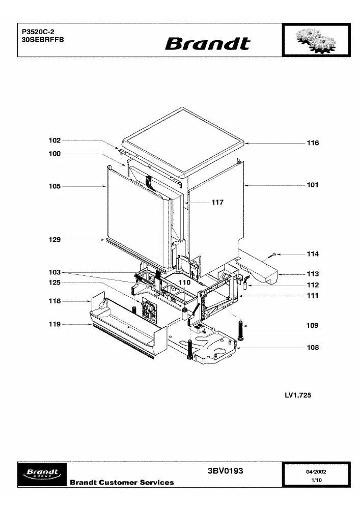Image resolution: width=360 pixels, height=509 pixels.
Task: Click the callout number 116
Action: (313, 143)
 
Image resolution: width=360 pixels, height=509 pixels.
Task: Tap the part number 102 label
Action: (54, 140)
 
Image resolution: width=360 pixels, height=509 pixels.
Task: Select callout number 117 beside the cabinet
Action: (217, 202)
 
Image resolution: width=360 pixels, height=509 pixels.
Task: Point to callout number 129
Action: (54, 240)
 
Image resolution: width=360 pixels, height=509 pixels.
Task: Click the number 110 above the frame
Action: (184, 282)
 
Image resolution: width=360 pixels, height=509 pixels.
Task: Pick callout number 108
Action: (313, 348)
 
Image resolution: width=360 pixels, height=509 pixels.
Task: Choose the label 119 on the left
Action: (54, 324)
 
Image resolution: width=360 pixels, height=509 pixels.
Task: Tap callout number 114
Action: (313, 254)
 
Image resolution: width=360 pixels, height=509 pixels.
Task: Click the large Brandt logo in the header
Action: (208, 43)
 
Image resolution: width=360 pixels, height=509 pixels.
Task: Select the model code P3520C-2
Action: (38, 32)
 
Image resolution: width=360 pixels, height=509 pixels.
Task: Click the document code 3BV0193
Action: (225, 471)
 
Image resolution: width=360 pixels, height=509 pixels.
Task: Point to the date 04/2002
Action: (316, 472)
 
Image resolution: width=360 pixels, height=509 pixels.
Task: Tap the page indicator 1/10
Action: (316, 480)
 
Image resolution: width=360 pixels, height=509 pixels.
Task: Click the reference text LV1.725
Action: (298, 395)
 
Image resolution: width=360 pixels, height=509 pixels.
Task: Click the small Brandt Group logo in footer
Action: (42, 474)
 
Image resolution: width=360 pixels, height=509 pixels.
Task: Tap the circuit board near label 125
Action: (149, 309)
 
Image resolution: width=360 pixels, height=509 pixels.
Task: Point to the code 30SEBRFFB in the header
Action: (43, 40)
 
